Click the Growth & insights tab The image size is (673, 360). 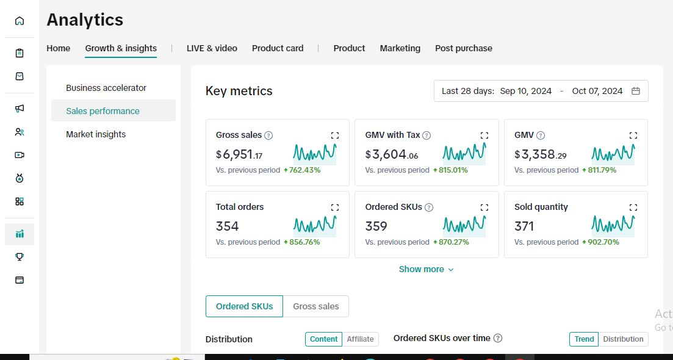121,48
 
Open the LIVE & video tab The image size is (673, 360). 212,48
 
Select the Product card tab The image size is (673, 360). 278,48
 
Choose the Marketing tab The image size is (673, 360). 400,48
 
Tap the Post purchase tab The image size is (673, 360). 464,48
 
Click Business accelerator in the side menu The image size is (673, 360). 106,88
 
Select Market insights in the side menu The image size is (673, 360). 96,134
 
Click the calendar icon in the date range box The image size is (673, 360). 636,91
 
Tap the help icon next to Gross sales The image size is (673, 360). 268,135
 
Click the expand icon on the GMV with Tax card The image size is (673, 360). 484,135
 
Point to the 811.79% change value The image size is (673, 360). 602,170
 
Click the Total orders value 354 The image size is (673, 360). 227,226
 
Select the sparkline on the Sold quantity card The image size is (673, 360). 613,225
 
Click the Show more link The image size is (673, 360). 426,269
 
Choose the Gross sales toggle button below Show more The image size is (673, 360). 316,306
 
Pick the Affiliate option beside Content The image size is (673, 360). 361,339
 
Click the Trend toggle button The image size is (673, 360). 584,339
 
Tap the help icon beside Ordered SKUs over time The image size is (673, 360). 498,338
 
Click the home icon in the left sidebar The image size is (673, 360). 20,21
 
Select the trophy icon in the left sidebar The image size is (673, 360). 20,257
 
